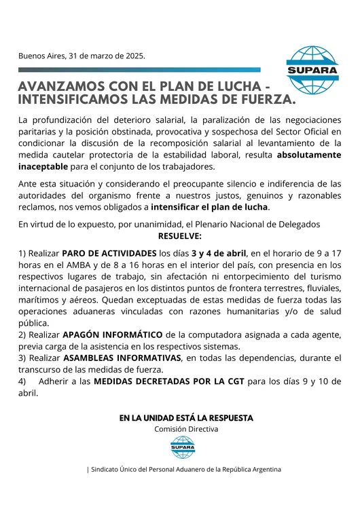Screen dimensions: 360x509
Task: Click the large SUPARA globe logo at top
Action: click(x=312, y=69)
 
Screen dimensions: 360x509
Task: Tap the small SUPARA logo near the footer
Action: click(x=183, y=447)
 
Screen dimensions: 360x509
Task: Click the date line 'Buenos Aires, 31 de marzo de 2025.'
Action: click(x=82, y=56)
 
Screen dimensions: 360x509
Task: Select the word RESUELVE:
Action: click(x=179, y=236)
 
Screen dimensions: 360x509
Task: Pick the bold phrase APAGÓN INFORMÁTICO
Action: click(x=113, y=335)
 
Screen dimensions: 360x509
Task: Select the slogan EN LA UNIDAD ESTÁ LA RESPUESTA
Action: click(x=185, y=417)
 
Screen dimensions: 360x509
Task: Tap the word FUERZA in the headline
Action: click(x=261, y=100)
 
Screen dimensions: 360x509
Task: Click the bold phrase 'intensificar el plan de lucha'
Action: click(x=210, y=206)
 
